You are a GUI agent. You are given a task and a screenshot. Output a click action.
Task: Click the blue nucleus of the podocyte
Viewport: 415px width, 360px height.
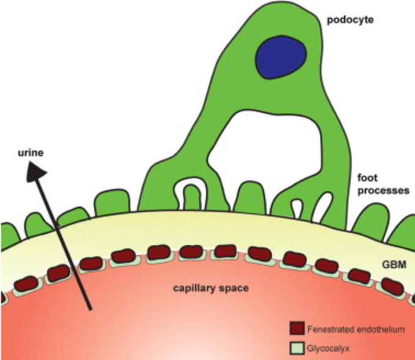click(281, 56)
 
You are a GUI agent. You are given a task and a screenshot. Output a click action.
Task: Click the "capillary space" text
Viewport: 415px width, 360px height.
click(208, 287)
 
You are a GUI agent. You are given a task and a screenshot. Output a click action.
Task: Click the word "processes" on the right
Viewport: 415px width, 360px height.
click(383, 190)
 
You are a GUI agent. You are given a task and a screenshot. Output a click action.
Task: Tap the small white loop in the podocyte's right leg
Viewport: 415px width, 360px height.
click(298, 207)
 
